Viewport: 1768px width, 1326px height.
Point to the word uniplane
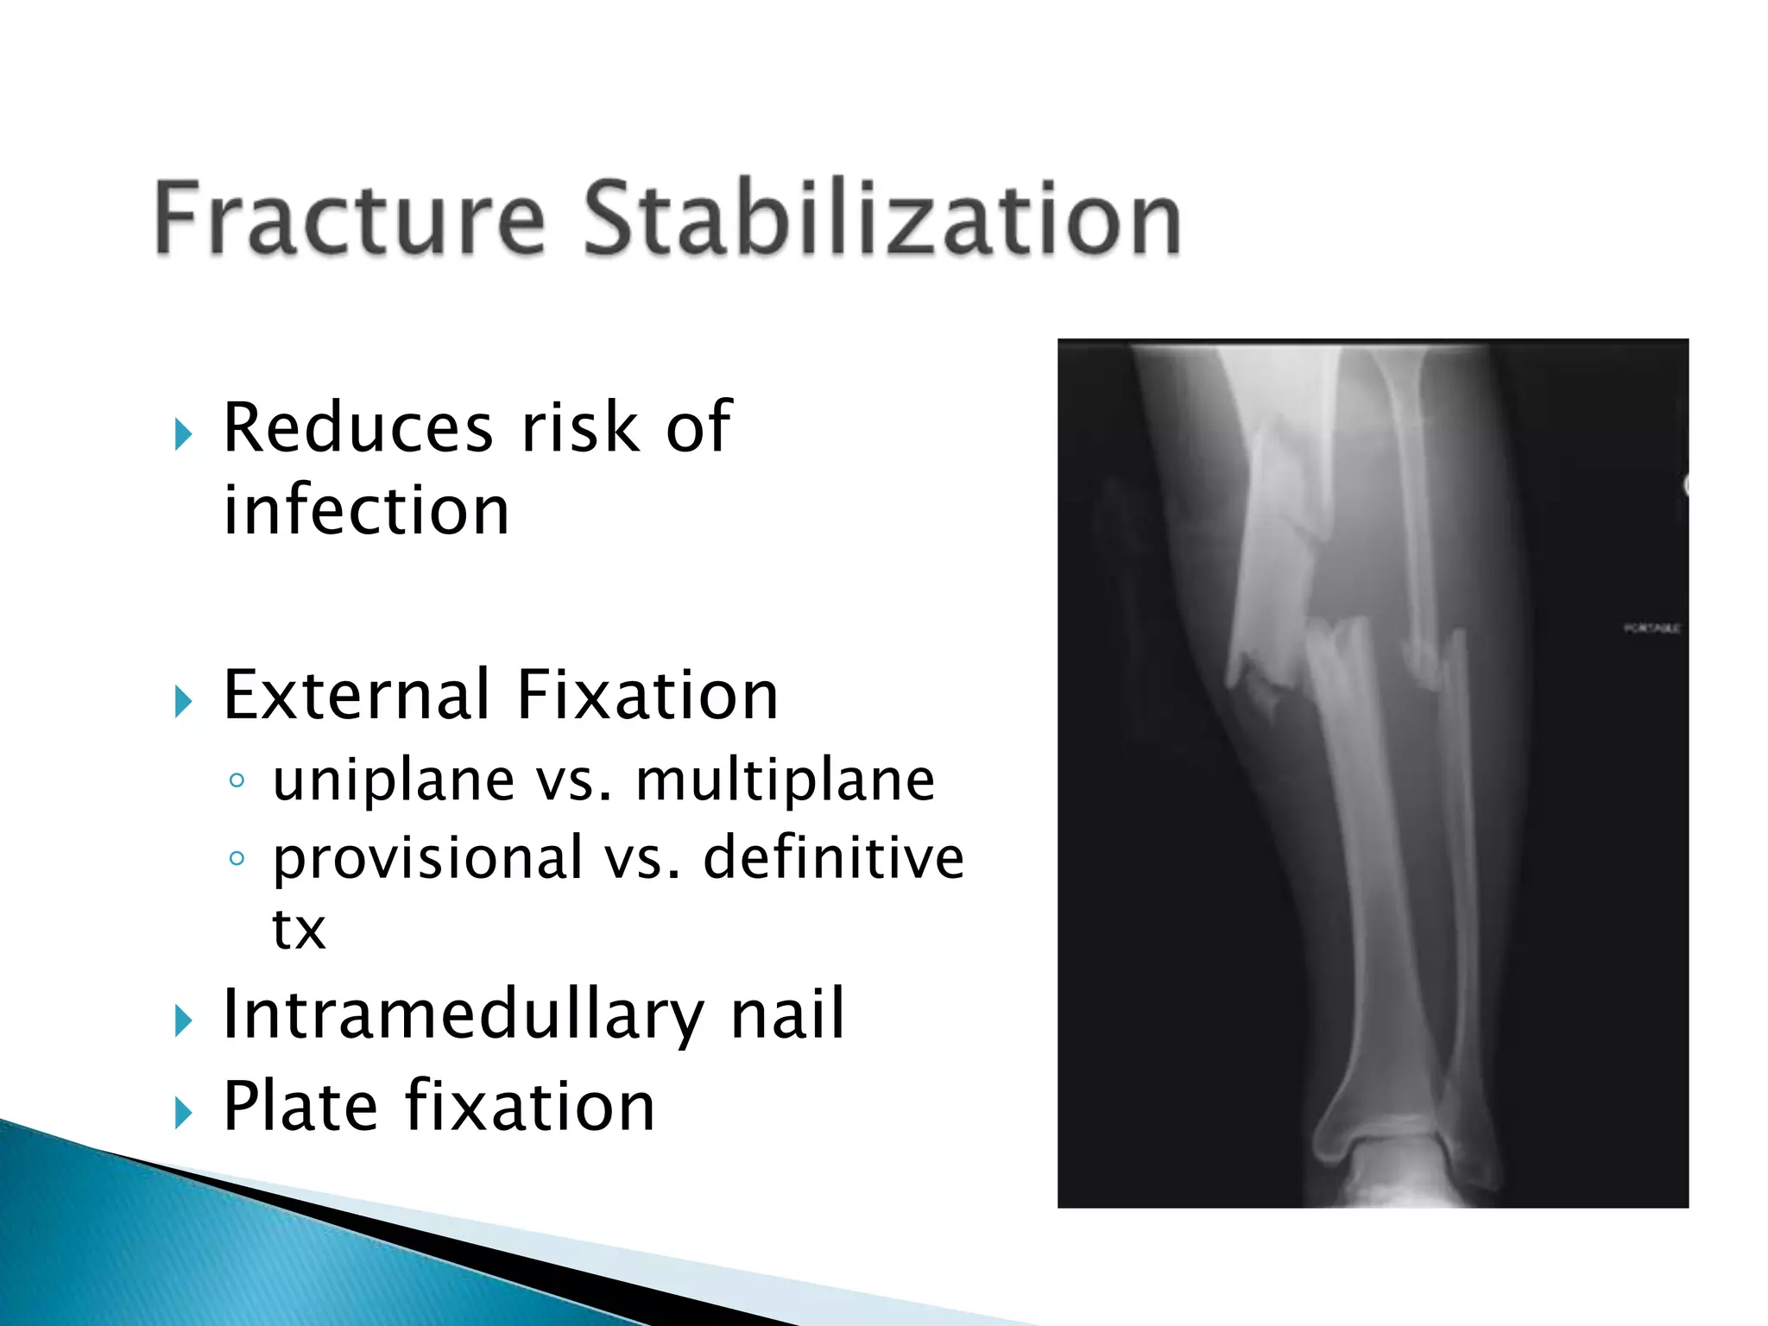pos(394,780)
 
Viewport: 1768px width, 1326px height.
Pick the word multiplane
pos(785,780)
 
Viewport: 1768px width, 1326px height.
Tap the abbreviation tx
pos(299,929)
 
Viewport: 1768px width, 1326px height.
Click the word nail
pos(787,1014)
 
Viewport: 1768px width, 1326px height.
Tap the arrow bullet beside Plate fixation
pos(182,1113)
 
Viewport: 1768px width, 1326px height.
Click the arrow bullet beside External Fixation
pos(182,701)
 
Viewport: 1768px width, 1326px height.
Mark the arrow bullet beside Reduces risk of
pos(182,433)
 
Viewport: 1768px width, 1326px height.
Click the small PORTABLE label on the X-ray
pos(1651,628)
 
